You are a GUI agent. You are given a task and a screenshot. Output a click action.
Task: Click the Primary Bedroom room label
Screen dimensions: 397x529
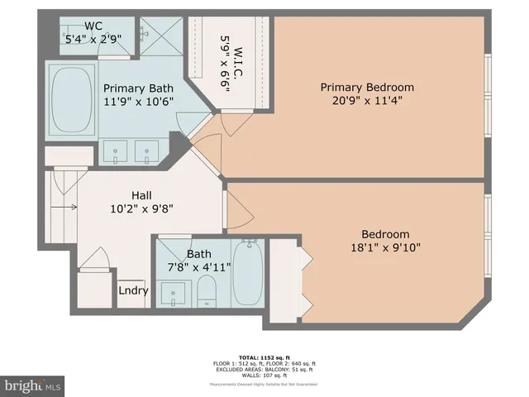tap(367, 87)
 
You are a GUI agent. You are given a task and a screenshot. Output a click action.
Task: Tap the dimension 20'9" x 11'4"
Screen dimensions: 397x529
tap(367, 102)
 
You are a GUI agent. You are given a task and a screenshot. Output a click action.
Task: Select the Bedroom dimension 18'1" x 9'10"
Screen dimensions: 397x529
tap(384, 249)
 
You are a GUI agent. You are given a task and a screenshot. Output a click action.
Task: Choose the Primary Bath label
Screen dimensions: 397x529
tap(137, 88)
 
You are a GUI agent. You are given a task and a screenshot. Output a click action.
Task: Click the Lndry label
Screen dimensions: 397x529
tap(133, 290)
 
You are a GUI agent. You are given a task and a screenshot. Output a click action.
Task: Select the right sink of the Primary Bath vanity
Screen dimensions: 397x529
tap(146, 151)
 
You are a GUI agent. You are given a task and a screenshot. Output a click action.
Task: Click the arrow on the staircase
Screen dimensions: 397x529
tap(69, 207)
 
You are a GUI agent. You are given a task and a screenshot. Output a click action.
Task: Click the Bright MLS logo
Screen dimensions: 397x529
tap(33, 385)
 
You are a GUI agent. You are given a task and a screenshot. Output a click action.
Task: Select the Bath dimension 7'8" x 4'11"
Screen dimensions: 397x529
tap(198, 267)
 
